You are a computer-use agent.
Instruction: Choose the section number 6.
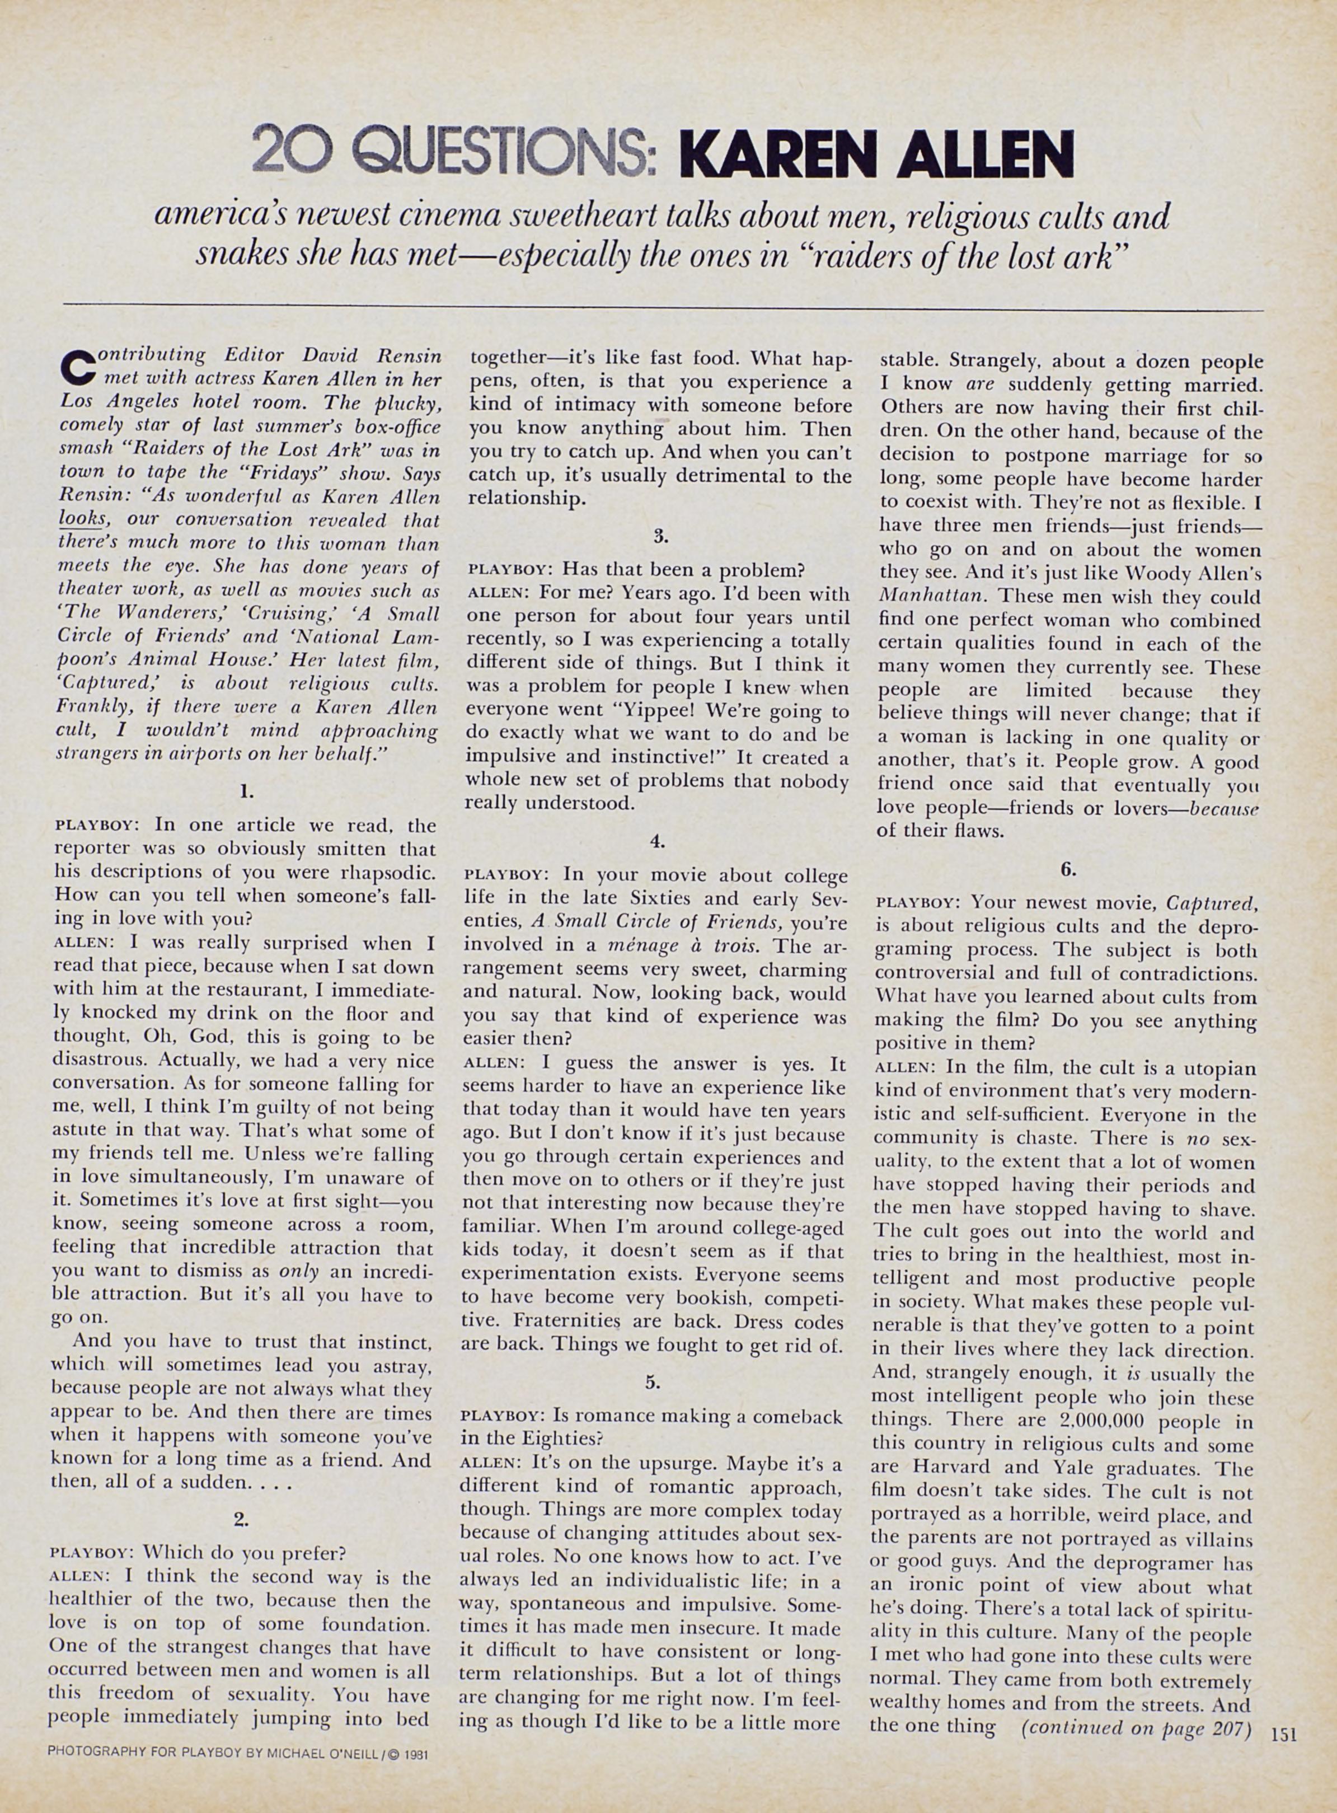coord(1067,869)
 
